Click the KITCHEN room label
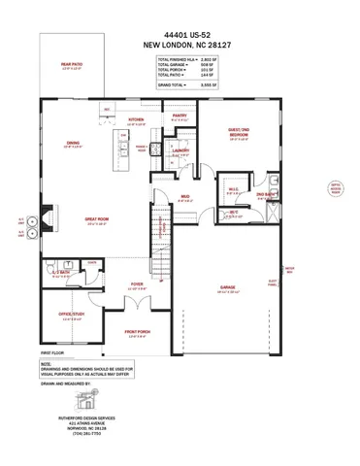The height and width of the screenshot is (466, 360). coord(137,120)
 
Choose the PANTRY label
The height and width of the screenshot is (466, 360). coord(180,115)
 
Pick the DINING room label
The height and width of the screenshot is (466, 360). coord(74,144)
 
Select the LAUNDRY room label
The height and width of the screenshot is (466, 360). coord(180,151)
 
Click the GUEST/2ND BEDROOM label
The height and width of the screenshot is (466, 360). coord(238,136)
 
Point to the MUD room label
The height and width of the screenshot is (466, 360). coord(183,196)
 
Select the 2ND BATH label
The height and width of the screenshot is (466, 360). coord(264,195)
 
